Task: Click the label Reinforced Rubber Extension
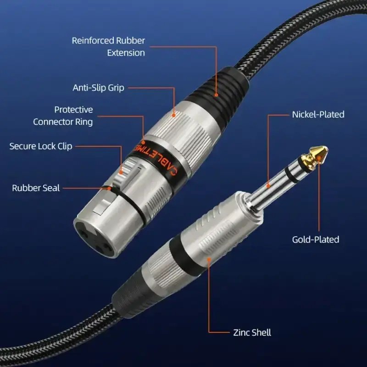(x=108, y=47)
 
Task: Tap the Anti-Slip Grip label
(x=98, y=88)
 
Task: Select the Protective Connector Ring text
(x=63, y=116)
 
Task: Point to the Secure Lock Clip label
(x=41, y=146)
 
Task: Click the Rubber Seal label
(x=36, y=188)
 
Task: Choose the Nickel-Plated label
(x=318, y=114)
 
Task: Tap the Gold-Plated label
(x=316, y=239)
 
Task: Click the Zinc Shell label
(x=252, y=333)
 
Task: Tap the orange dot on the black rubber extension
(x=216, y=95)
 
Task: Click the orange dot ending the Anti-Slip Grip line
(x=174, y=115)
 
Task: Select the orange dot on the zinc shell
(x=209, y=259)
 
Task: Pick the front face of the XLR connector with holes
(x=96, y=238)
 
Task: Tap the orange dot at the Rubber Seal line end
(x=109, y=189)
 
